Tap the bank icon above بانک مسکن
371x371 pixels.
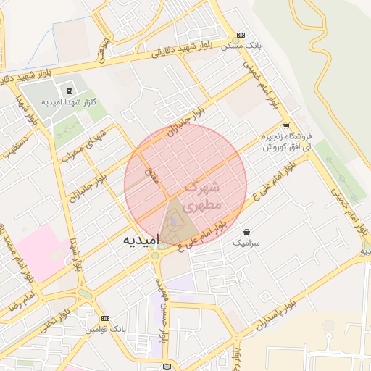tap(241, 35)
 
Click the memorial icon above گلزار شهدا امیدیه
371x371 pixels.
tap(68, 91)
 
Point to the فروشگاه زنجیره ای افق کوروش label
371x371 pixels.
tap(288, 141)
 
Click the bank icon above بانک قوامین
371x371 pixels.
tap(106, 319)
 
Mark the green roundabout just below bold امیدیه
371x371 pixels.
tap(155, 255)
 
